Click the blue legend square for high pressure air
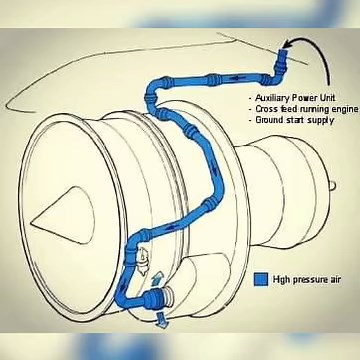pyautogui.click(x=261, y=279)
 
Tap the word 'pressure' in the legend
pyautogui.click(x=302, y=279)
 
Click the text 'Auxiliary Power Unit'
pyautogui.click(x=294, y=97)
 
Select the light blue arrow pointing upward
pyautogui.click(x=152, y=277)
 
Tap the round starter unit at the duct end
pyautogui.click(x=166, y=296)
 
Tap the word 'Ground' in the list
pyautogui.click(x=271, y=119)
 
